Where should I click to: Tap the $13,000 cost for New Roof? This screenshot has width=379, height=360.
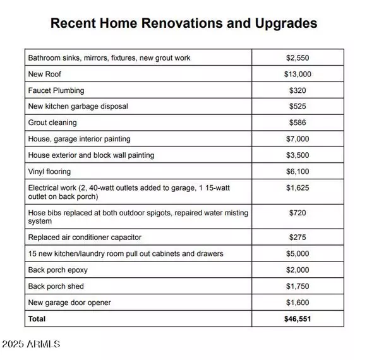pos(298,74)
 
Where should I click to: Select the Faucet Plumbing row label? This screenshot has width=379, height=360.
pos(56,90)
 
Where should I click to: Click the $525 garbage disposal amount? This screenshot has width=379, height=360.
pos(298,106)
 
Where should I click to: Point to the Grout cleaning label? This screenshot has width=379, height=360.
pos(52,123)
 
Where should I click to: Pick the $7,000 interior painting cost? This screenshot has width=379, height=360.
pos(298,139)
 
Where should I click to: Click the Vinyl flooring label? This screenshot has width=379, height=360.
pos(49,172)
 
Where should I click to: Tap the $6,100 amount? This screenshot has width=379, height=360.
pos(298,172)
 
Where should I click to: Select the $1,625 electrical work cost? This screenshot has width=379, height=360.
pos(298,188)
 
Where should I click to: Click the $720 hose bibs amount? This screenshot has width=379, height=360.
pos(298,213)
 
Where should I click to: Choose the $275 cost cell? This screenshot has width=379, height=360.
pos(298,237)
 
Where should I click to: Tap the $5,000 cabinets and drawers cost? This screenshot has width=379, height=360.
pos(298,254)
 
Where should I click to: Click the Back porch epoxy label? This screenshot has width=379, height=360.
pos(58,270)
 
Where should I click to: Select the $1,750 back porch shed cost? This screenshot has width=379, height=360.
pos(298,287)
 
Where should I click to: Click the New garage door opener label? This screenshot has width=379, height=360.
pos(69,303)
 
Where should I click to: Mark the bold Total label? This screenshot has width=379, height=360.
pos(37,319)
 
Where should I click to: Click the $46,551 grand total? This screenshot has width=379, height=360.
pos(298,319)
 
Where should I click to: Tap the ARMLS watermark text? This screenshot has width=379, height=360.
pos(30,344)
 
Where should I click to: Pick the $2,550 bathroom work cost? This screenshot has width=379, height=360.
pos(298,57)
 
